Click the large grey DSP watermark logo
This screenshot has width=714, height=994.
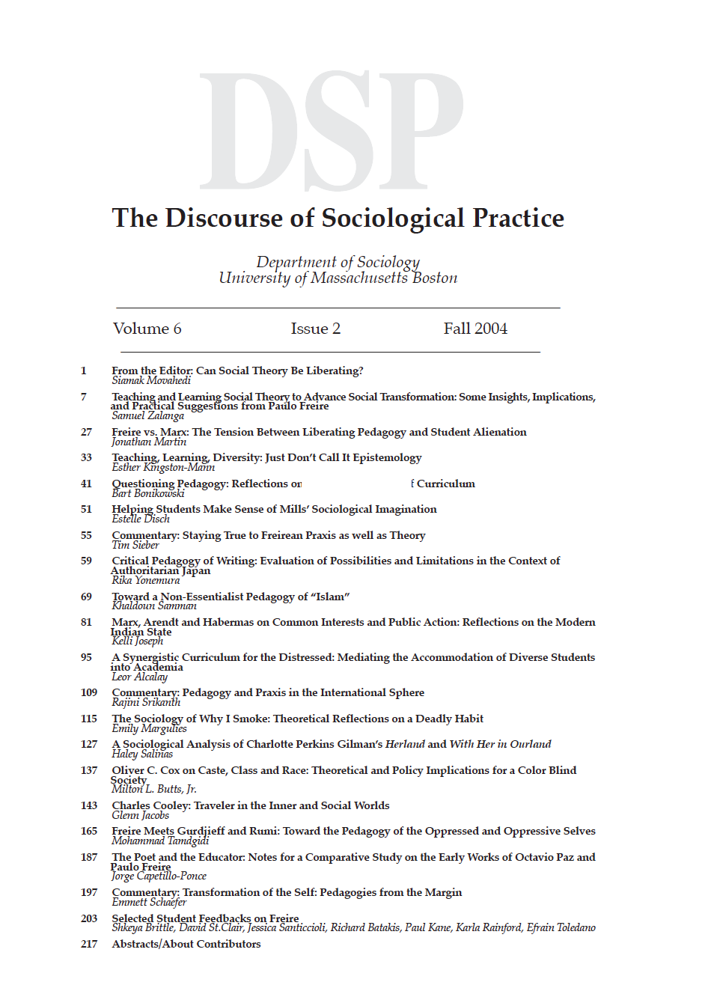[x=332, y=131]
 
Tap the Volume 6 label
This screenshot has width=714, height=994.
[x=147, y=329]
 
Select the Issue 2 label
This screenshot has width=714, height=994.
[x=315, y=329]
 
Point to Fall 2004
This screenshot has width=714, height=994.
[x=475, y=329]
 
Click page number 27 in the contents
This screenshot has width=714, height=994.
[x=87, y=432]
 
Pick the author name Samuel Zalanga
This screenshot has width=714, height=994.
[x=147, y=415]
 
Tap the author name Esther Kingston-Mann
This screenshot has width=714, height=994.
[x=163, y=467]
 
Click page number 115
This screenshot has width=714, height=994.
[x=89, y=719]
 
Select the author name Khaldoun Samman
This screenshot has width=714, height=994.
[x=154, y=606]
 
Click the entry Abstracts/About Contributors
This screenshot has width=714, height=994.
[x=186, y=944]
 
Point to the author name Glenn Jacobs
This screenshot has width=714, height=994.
[x=140, y=815]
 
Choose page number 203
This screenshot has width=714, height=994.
[x=89, y=918]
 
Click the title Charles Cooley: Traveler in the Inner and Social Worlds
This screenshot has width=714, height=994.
[x=251, y=805]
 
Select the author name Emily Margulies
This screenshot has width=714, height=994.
[x=149, y=728]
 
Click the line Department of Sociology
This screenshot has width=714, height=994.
[x=338, y=262]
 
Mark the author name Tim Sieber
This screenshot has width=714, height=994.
[x=135, y=545]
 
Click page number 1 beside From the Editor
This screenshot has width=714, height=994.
[x=84, y=371]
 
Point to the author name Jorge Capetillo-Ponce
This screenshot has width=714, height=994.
[x=159, y=876]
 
